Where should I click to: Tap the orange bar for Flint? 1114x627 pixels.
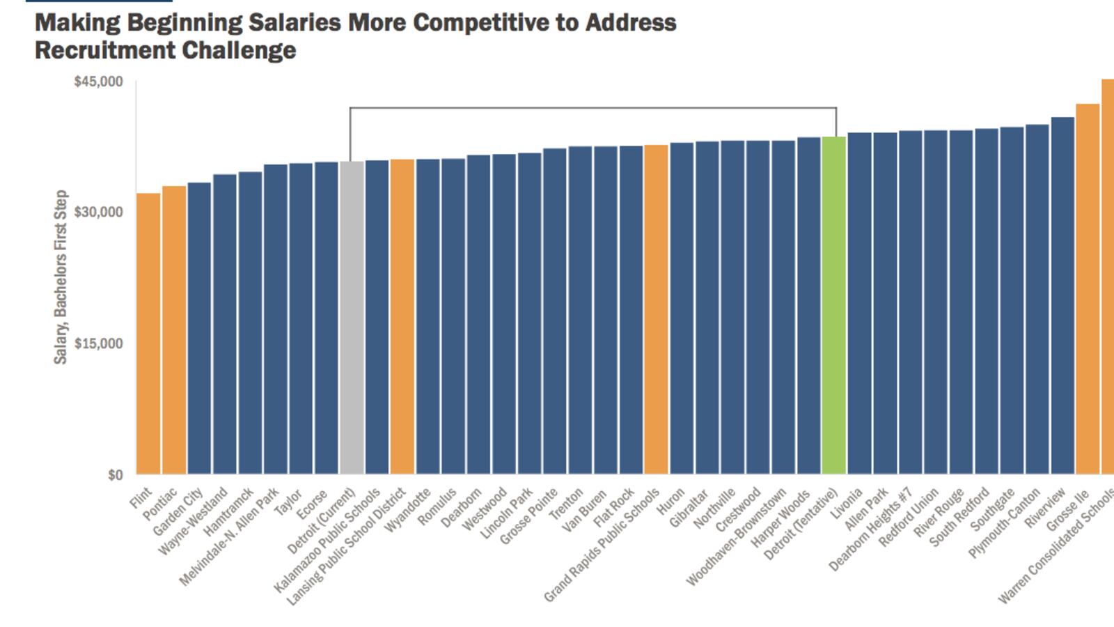point(148,334)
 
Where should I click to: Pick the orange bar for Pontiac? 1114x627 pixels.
point(174,330)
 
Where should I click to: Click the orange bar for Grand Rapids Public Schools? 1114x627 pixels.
point(656,309)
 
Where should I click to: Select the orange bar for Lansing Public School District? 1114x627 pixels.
point(402,317)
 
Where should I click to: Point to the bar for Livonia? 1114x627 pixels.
point(859,304)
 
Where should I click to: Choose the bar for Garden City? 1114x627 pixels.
point(199,328)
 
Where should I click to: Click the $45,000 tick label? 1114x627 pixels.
point(98,82)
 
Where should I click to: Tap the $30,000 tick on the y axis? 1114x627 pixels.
point(98,212)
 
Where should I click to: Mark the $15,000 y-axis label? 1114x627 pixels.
point(98,343)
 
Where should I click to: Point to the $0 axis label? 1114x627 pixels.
point(115,475)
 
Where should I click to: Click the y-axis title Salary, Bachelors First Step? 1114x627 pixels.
point(61,277)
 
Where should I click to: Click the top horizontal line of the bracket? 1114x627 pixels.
point(593,108)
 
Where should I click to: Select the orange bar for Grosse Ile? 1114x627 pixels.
point(1087,289)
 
